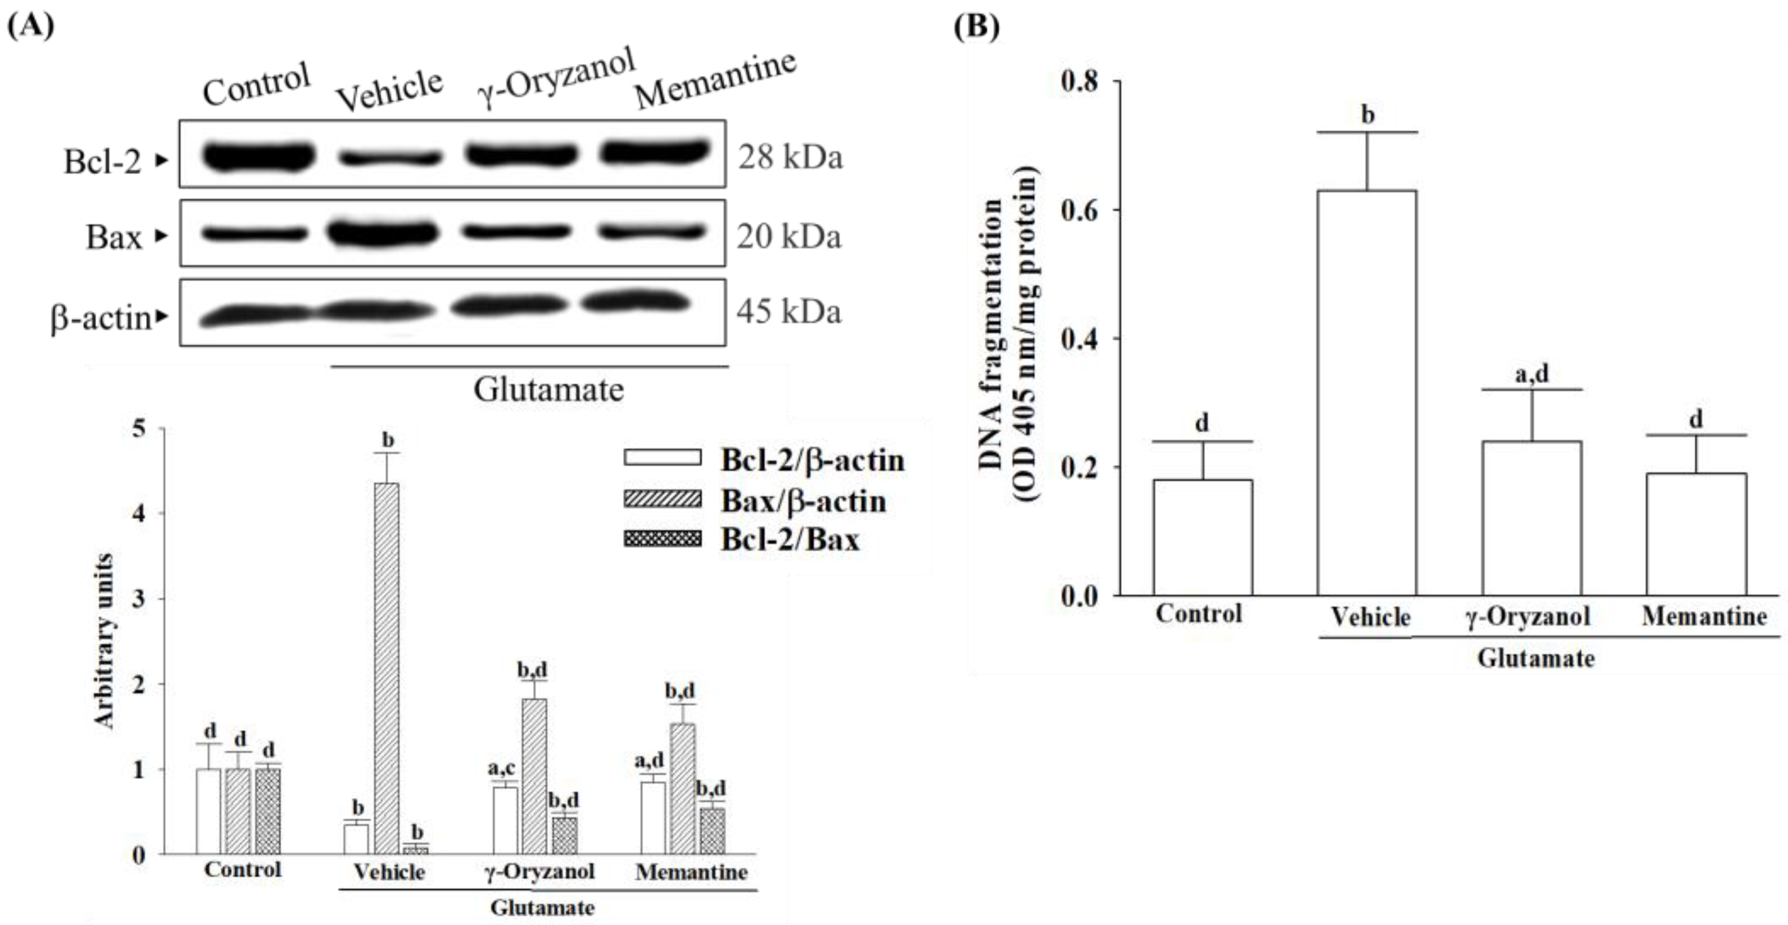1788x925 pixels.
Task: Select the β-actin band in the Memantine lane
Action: [636, 303]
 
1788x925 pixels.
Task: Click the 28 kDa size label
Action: [790, 157]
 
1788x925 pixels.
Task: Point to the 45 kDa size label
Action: [789, 311]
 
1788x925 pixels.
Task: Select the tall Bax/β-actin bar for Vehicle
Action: [386, 667]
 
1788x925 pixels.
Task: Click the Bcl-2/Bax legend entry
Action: [790, 539]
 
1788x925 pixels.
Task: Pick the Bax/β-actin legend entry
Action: [803, 500]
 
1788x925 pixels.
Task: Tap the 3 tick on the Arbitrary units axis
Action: [140, 598]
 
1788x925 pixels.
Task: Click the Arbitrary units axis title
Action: [104, 640]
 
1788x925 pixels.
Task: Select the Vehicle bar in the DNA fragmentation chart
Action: [1366, 392]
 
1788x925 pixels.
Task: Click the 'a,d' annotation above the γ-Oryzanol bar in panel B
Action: [1531, 374]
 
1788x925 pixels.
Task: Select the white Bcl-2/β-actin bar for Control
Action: [208, 811]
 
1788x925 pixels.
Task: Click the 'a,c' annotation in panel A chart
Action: [501, 768]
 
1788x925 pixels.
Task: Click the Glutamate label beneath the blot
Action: [548, 389]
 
